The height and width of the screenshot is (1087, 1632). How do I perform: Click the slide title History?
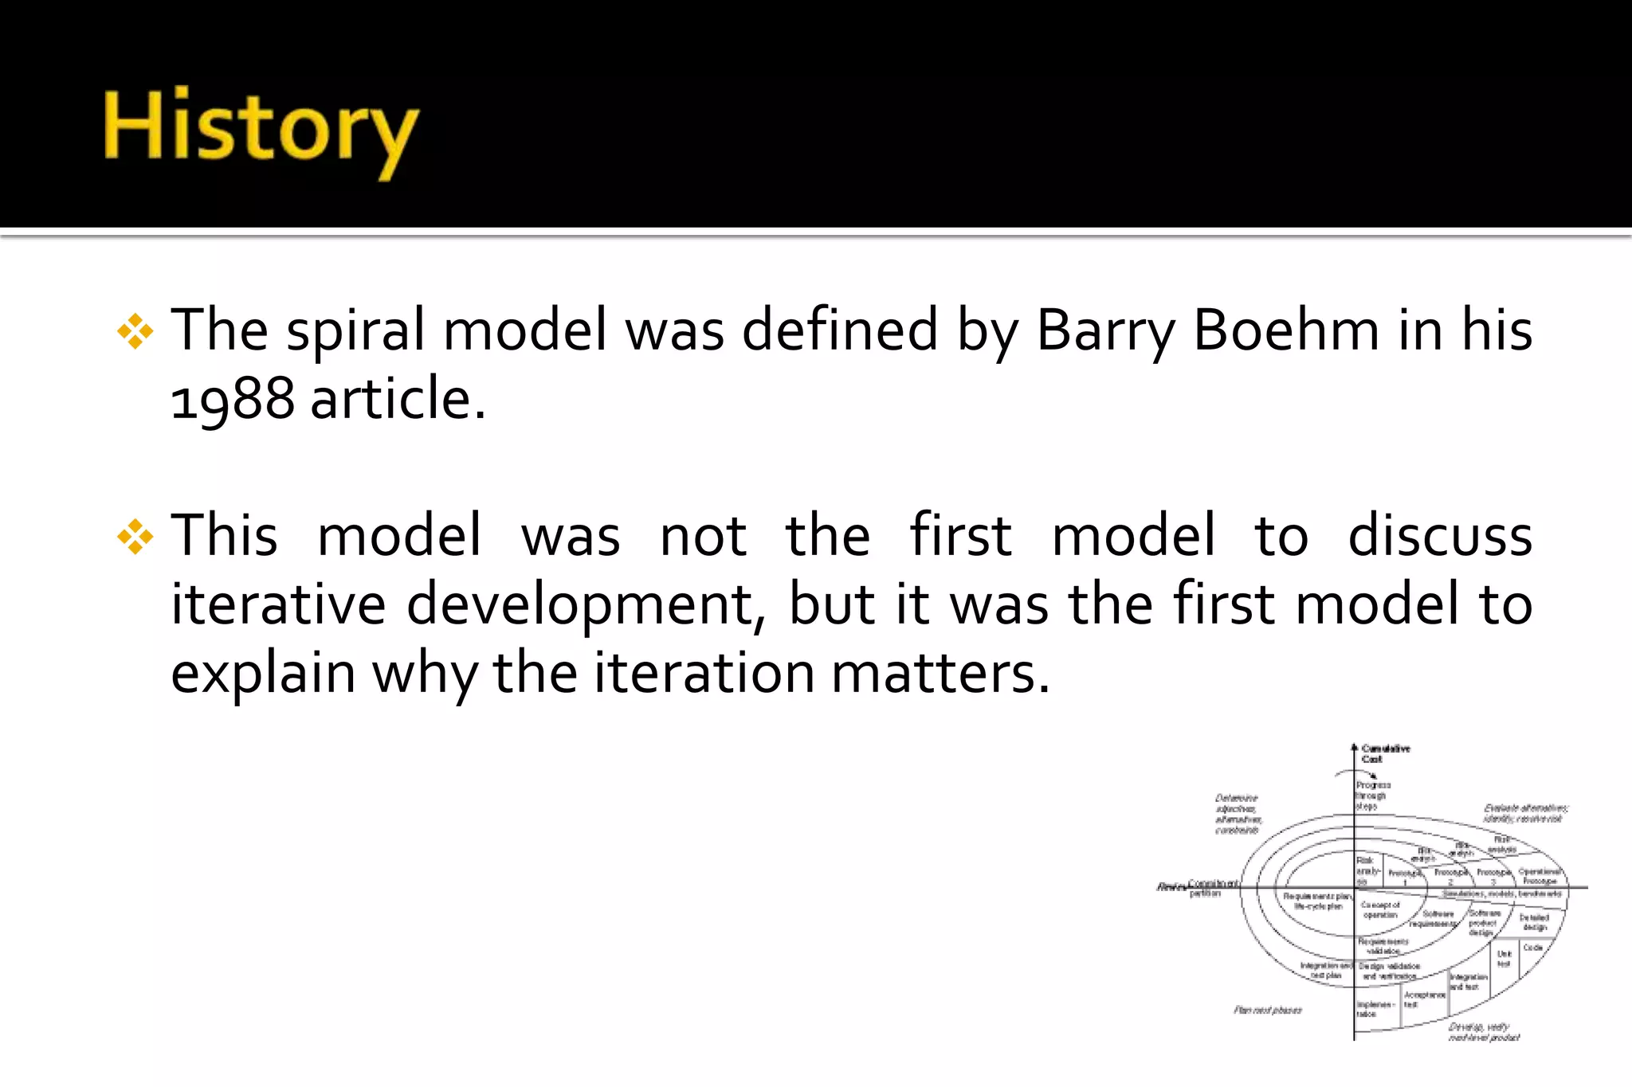261,131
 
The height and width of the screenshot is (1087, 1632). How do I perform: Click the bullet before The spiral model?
135,331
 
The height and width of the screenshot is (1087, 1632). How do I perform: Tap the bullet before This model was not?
135,537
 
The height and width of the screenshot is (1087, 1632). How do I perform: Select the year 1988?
233,398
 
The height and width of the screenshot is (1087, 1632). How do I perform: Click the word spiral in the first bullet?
355,331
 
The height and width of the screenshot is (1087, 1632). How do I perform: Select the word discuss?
1440,535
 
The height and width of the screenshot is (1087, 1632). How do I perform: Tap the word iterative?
278,604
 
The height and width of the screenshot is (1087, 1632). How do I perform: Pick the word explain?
262,674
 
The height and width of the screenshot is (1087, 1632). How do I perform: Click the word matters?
940,674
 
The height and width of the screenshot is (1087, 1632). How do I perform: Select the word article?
397,398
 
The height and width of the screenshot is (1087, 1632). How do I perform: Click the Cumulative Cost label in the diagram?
1384,753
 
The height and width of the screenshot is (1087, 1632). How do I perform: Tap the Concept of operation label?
1379,909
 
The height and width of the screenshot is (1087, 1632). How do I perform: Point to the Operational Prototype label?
1540,876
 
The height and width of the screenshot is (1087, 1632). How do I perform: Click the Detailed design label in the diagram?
1534,922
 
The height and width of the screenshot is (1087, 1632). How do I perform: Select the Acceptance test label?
1424,999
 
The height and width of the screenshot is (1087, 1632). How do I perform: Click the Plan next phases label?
1267,1011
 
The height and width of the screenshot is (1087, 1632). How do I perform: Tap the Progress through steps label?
1372,796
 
